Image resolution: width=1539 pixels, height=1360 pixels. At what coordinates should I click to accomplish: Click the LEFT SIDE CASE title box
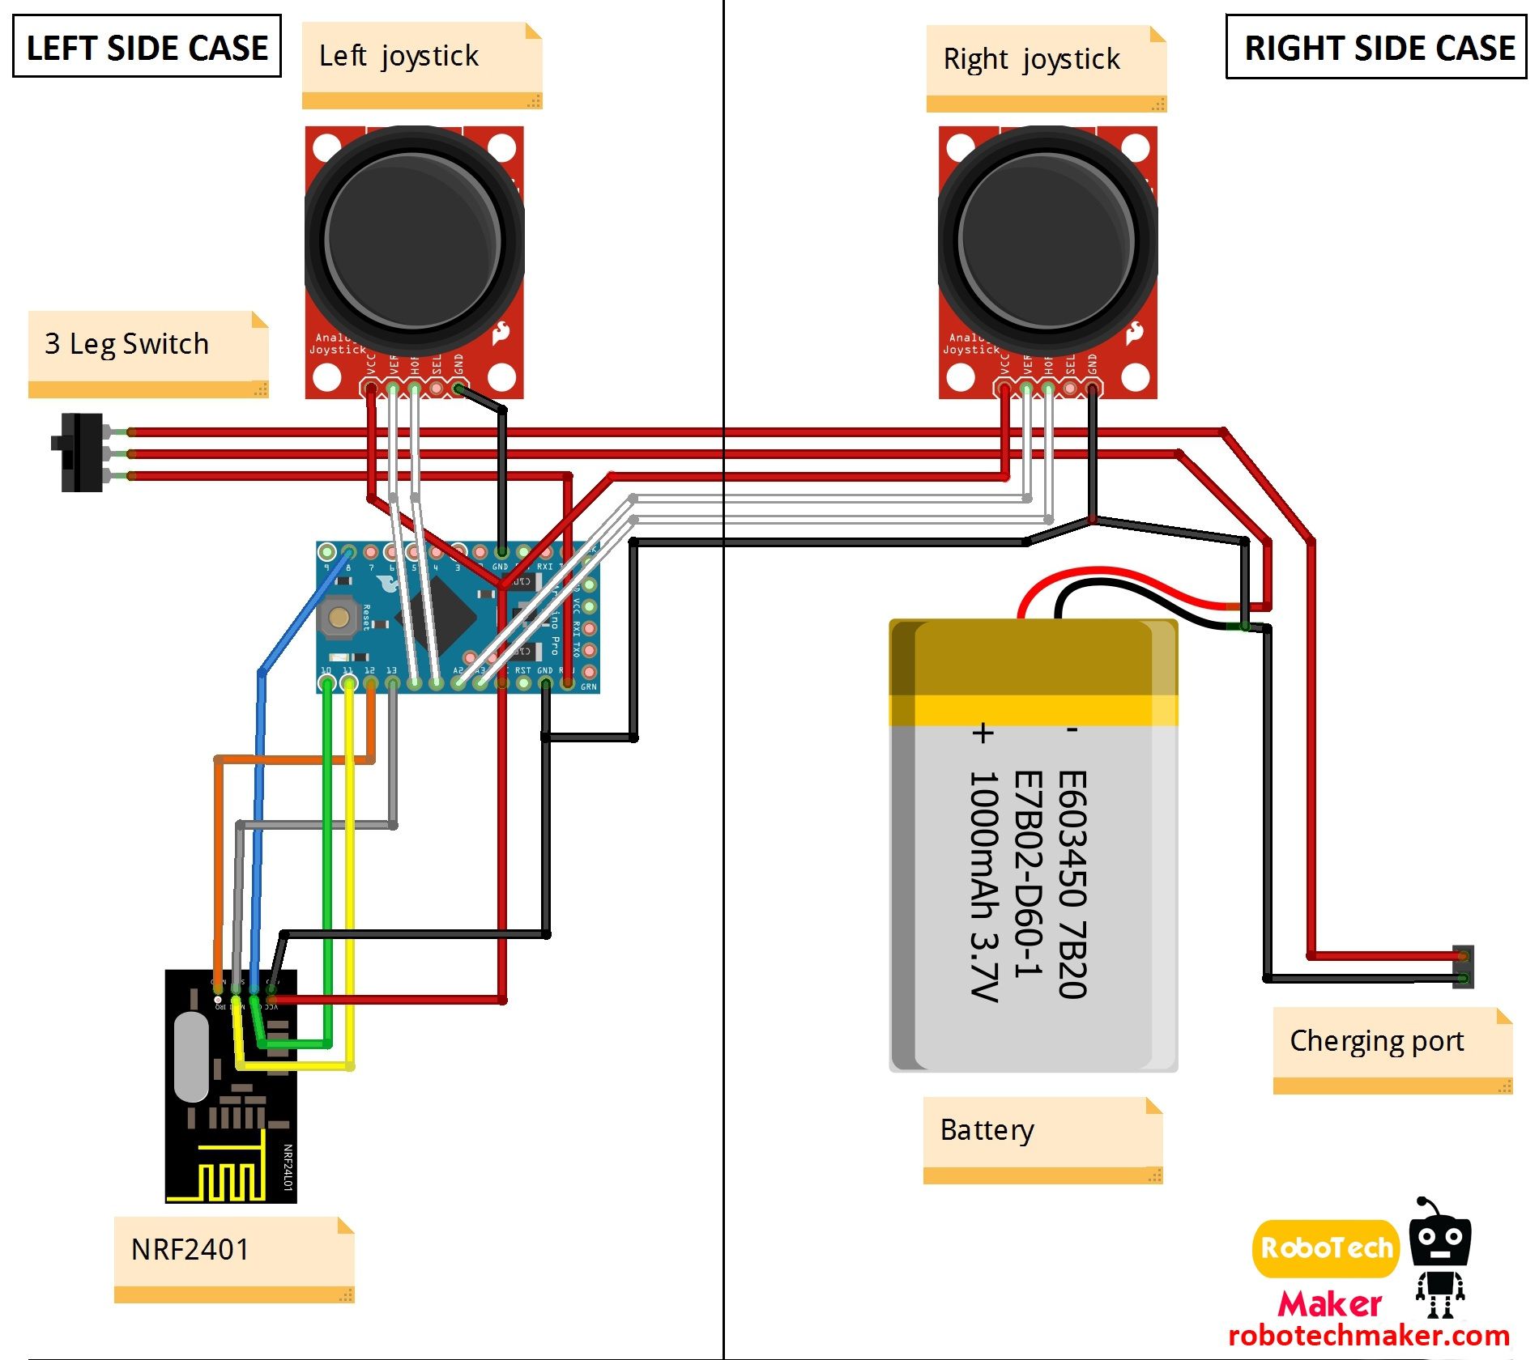point(147,47)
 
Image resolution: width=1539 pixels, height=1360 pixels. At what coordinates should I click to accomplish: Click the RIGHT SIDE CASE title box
point(1378,47)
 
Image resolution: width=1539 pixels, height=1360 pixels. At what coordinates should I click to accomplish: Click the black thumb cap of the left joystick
point(413,239)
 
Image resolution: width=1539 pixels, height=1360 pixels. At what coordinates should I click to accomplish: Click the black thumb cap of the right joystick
point(1047,239)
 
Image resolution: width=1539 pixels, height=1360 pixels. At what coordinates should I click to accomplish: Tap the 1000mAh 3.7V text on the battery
point(984,886)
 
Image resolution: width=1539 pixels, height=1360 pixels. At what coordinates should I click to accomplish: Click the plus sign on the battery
point(983,733)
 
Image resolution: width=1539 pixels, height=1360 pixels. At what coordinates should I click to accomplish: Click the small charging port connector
point(1464,967)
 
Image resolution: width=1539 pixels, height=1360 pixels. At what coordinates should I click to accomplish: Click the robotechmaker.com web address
point(1369,1336)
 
